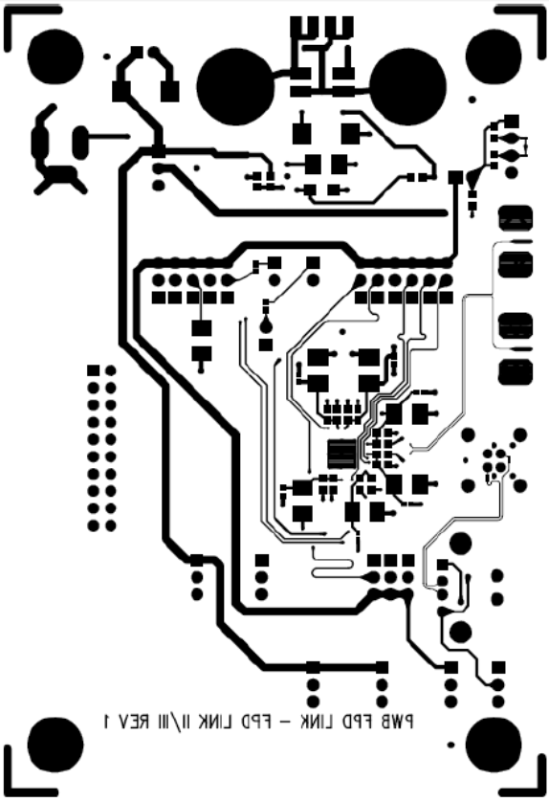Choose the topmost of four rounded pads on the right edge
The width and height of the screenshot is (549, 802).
pyautogui.click(x=516, y=217)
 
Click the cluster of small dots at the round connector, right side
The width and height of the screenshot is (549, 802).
pyautogui.click(x=495, y=457)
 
